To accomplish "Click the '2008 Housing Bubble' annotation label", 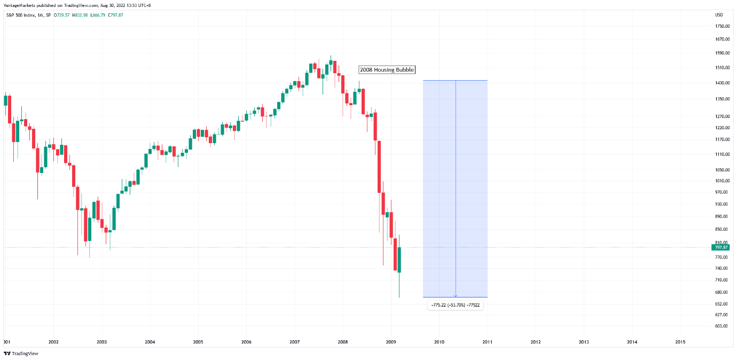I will [387, 69].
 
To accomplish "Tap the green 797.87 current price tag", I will [720, 247].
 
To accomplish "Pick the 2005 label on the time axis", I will [198, 342].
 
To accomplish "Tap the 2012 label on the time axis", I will [535, 342].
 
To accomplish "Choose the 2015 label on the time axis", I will [680, 342].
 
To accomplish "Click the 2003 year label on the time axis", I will [101, 342].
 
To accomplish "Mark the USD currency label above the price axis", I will [719, 14].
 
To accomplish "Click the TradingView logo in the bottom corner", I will [21, 354].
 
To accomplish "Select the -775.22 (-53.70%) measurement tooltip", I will [455, 305].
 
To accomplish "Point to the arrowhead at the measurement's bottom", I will [456, 295].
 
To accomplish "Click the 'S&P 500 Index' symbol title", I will [20, 14].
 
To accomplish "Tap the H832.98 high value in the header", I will [81, 14].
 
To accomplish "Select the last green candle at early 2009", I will [399, 260].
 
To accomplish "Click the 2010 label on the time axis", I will [439, 342].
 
